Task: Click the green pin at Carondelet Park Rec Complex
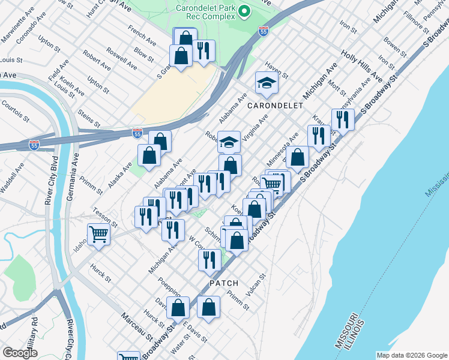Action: point(244,11)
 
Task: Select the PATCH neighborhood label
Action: point(224,283)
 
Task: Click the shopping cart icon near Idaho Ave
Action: point(98,234)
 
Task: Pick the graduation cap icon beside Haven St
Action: point(266,83)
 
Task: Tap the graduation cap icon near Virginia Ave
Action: point(229,142)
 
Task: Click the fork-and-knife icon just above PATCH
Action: point(209,260)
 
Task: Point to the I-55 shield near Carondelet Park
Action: point(263,31)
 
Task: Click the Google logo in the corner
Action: point(20,353)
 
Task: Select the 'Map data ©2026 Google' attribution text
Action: point(411,355)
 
